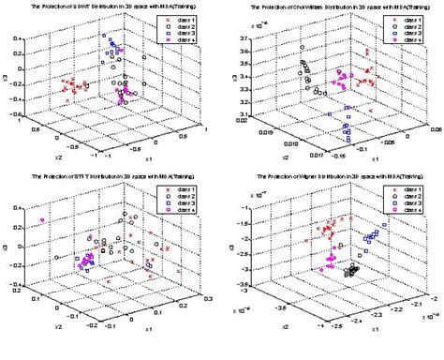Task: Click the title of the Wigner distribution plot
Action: coord(333,183)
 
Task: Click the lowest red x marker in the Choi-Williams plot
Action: coord(371,111)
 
